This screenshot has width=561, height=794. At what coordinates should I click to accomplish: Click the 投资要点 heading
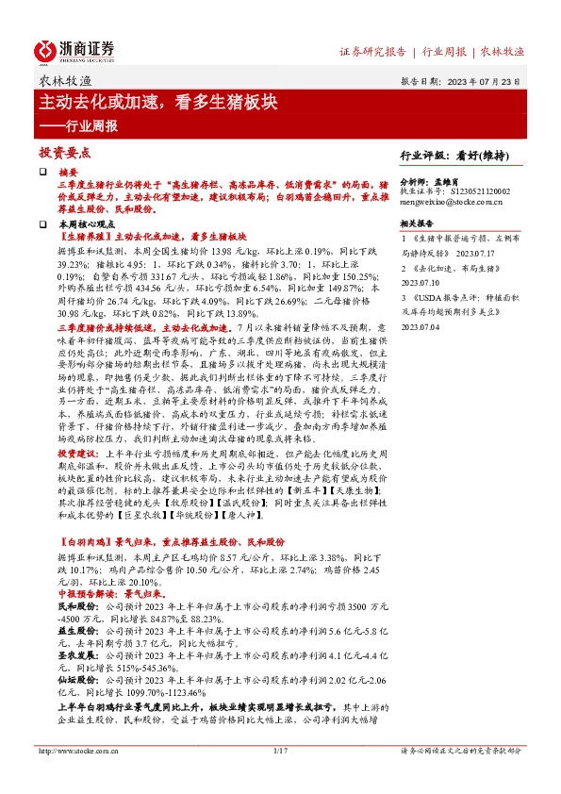[x=64, y=152]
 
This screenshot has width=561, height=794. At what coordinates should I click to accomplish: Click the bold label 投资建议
[x=75, y=452]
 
